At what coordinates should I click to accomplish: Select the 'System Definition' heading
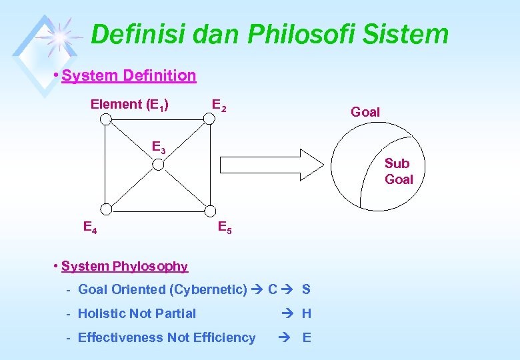[129, 75]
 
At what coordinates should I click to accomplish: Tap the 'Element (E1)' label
[129, 105]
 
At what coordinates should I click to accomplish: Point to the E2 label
[219, 105]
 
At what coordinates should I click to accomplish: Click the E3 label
[159, 147]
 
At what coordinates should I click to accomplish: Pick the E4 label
[90, 227]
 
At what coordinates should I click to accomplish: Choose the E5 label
[225, 227]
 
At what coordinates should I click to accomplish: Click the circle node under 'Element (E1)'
[105, 119]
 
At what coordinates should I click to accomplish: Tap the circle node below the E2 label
[209, 119]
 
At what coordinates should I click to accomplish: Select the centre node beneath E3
[158, 162]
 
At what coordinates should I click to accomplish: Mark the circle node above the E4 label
[105, 209]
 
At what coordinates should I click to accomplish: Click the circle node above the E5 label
[209, 209]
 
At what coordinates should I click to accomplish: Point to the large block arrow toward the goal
[271, 164]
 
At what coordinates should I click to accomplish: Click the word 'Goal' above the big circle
[365, 112]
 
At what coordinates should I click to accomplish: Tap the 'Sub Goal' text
[399, 171]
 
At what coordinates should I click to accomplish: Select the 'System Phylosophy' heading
[125, 267]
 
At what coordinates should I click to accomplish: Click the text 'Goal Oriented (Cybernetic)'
[162, 290]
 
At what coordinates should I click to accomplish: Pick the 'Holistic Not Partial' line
[137, 313]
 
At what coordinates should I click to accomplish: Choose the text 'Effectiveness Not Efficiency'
[167, 337]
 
